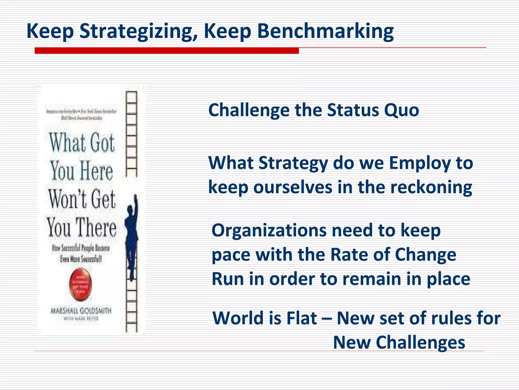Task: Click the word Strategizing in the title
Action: (x=138, y=31)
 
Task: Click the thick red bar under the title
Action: (x=166, y=51)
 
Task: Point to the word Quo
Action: (x=401, y=110)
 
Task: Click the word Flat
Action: (x=301, y=318)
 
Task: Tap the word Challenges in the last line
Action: (x=420, y=342)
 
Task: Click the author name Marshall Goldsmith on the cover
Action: (x=81, y=311)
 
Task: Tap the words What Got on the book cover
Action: (x=82, y=143)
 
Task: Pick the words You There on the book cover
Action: (x=82, y=227)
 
